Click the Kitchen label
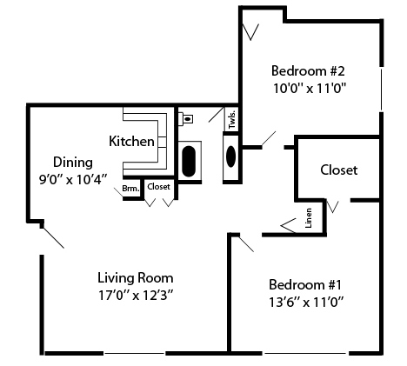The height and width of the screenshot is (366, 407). pos(132,141)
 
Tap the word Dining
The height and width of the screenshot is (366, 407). pos(70,162)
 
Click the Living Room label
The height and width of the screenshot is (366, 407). pos(135,278)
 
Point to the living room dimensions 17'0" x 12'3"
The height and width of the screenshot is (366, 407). pos(136,295)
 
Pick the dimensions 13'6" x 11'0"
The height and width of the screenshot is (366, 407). pos(306,302)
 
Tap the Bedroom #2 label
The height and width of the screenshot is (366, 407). pos(308,70)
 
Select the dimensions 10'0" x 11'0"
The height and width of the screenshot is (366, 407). pos(309,87)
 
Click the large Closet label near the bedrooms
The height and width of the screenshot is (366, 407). pos(338,170)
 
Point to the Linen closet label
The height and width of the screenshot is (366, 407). pos(309,219)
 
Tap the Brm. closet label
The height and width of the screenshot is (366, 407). pos(130,188)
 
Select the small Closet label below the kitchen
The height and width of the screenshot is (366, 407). pos(158,187)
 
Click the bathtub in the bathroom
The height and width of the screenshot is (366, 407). pos(189,162)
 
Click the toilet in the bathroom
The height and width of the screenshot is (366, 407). pos(187,116)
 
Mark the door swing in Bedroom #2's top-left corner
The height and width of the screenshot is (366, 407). pos(251,30)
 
